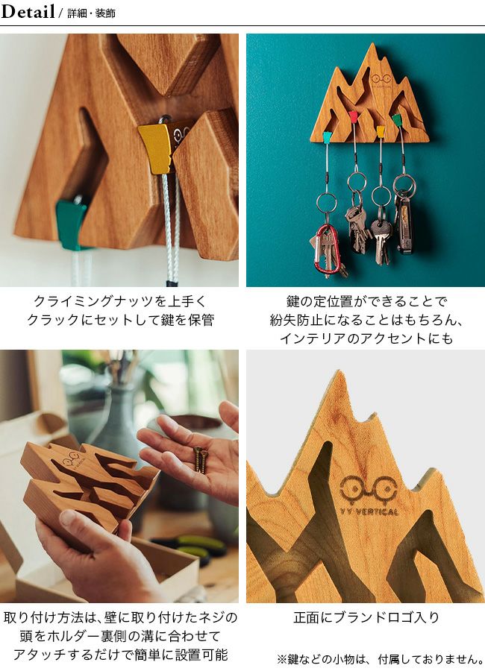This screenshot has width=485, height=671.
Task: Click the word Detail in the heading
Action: click(28, 11)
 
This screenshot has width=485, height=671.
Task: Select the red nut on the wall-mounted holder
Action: click(354, 117)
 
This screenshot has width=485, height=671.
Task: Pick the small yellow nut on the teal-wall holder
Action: click(380, 130)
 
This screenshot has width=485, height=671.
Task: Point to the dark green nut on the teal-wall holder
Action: click(397, 119)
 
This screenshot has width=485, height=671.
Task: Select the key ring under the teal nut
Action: click(327, 203)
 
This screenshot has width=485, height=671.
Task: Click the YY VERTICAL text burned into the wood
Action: click(369, 511)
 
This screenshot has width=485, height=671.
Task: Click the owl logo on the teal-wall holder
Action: click(381, 78)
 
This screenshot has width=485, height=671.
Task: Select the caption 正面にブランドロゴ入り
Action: click(367, 617)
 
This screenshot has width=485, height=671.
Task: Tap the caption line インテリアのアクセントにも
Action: click(366, 338)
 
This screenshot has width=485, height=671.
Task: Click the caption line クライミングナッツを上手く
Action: click(119, 301)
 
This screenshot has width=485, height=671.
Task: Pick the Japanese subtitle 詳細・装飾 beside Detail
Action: click(91, 13)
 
